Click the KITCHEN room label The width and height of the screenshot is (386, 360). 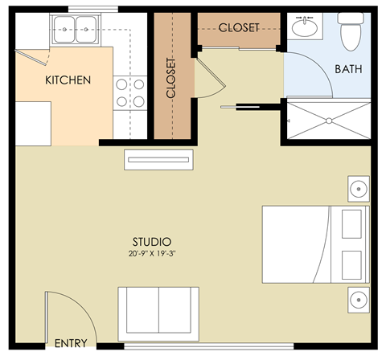[x=67, y=80]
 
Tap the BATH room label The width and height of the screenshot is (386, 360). [x=348, y=69]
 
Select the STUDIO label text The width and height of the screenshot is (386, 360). [x=151, y=241]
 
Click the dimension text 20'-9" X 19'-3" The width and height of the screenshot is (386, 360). [x=151, y=253]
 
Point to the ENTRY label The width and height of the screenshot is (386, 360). [x=71, y=343]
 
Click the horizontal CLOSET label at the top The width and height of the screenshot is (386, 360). [x=239, y=27]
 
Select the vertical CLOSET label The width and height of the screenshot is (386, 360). [x=171, y=78]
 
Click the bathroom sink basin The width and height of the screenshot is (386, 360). [x=305, y=29]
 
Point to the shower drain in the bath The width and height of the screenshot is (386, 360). [x=328, y=121]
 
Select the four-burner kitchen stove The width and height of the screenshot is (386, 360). [x=130, y=92]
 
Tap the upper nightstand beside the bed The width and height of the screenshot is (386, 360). [x=357, y=190]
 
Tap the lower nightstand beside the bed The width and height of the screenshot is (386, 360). [x=357, y=301]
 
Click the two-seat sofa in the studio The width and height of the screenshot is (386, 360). [x=158, y=311]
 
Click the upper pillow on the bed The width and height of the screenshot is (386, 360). [x=351, y=224]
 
